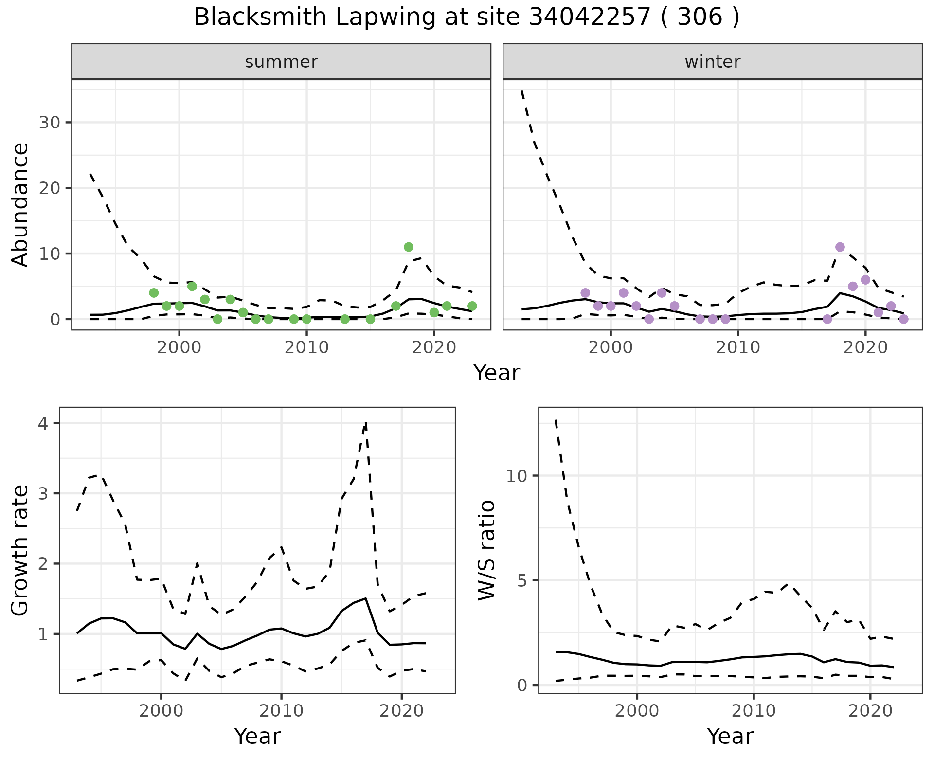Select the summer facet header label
tap(281, 62)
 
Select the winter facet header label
tap(712, 62)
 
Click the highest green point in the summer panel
tap(409, 247)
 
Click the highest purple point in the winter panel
tap(840, 247)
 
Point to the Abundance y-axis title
tap(20, 205)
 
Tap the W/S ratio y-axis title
tap(486, 550)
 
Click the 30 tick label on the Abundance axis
tap(50, 123)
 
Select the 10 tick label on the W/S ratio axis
tap(517, 476)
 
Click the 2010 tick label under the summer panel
tap(306, 347)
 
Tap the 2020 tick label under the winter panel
tap(865, 347)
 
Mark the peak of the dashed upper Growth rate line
tap(366, 423)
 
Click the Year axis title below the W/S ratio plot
tap(730, 737)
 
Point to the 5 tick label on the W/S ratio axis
tap(522, 580)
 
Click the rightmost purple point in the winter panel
tap(904, 319)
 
